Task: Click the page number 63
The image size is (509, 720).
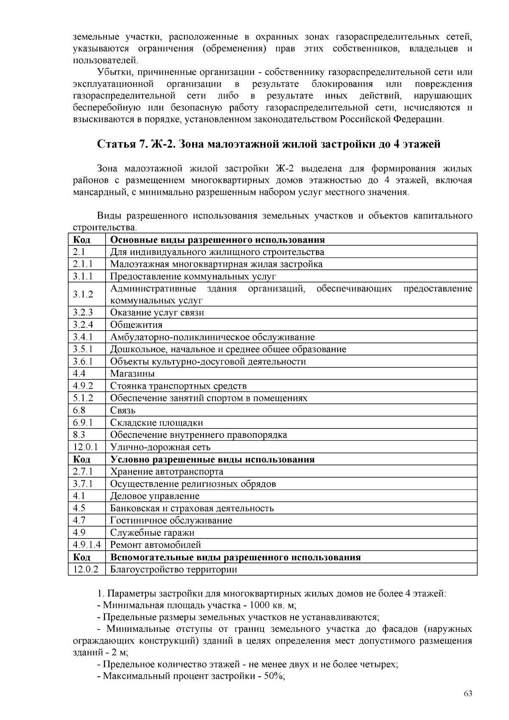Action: (x=468, y=694)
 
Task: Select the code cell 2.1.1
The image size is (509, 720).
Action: (x=83, y=264)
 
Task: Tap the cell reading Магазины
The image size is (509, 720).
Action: (x=132, y=374)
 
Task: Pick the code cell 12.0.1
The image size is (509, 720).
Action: (x=86, y=447)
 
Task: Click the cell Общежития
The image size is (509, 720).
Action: (x=136, y=325)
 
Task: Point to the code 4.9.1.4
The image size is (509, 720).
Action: (x=87, y=545)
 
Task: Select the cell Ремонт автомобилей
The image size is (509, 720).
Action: (x=156, y=545)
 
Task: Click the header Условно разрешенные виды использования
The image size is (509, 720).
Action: (x=212, y=459)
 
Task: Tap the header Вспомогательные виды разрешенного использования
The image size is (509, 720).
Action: (x=235, y=557)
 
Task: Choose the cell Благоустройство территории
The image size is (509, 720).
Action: (x=173, y=569)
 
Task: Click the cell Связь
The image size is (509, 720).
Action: (x=123, y=411)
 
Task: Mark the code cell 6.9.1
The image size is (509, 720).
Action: (x=83, y=423)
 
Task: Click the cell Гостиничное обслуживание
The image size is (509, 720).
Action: (x=171, y=521)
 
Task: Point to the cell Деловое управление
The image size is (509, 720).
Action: (x=154, y=496)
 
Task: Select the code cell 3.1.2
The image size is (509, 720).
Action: (x=83, y=294)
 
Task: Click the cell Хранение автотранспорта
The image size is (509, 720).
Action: (x=166, y=471)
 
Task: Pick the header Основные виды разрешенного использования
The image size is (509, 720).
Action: (x=217, y=240)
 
